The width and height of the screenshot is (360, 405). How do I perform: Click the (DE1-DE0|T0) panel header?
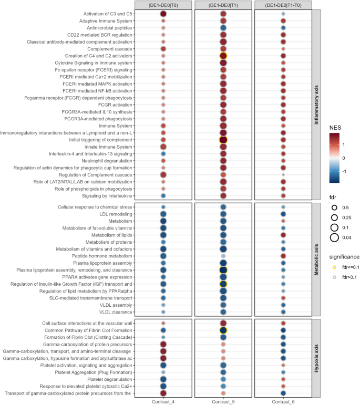click(163, 5)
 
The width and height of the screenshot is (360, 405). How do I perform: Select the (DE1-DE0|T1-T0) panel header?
click(283, 5)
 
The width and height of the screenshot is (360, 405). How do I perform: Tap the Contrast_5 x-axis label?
click(223, 401)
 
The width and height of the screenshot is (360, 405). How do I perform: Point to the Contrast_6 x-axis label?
click(283, 401)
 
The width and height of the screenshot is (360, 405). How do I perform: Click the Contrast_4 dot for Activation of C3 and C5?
click(163, 14)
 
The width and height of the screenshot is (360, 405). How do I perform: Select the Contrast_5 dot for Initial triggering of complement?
click(223, 140)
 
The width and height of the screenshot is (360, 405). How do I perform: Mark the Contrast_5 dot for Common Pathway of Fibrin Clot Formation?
click(223, 330)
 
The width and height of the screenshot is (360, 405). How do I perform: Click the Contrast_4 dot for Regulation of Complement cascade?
click(163, 174)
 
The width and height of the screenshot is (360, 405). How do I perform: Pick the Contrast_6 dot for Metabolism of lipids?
click(283, 235)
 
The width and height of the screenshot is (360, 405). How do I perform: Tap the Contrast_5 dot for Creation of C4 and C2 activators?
click(223, 56)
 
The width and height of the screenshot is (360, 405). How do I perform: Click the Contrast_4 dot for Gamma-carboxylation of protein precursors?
click(163, 344)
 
